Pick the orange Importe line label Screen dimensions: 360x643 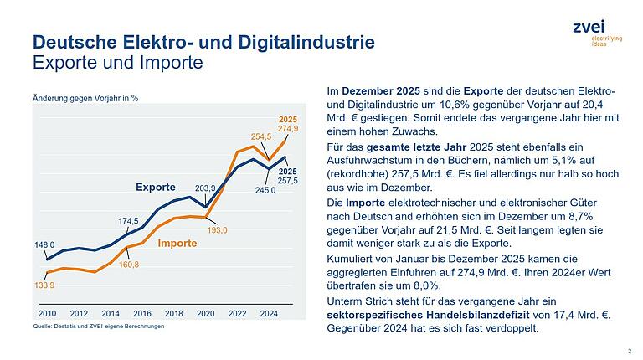click(x=176, y=243)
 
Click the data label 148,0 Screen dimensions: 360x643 click(x=45, y=245)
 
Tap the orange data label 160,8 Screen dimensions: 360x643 click(x=128, y=265)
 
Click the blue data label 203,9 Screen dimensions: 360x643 click(x=206, y=188)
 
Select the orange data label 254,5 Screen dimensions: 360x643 click(x=262, y=136)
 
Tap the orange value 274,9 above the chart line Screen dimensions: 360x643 click(x=288, y=128)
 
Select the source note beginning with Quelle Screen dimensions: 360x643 click(x=98, y=327)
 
